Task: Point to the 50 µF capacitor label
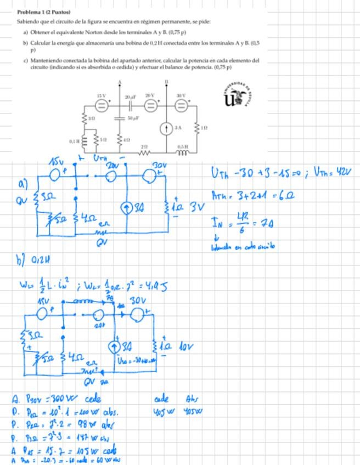coord(133,118)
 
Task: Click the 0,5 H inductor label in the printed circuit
coord(183,146)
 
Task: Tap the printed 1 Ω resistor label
coord(204,127)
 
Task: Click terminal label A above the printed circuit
coord(120,82)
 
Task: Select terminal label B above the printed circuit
coord(166,82)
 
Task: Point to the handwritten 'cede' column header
coord(161,399)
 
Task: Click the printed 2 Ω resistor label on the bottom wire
coord(144,146)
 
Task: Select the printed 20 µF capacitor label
coord(131,96)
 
